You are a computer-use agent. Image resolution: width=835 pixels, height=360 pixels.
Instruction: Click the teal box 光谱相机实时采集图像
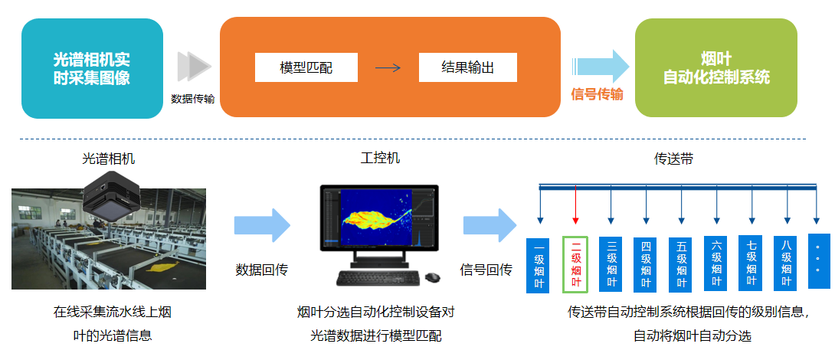coord(92,68)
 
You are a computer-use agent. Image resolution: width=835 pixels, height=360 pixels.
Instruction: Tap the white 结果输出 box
coord(467,67)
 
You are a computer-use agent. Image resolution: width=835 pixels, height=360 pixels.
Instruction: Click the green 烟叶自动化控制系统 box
coord(716,68)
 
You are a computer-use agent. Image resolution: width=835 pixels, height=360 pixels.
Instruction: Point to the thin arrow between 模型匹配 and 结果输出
coord(388,67)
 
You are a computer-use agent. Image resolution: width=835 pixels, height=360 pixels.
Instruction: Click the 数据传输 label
coord(192,99)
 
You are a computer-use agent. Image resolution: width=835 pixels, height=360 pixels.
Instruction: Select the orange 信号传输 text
coord(597,94)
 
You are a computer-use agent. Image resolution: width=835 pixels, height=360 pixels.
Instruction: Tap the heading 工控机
coord(380,159)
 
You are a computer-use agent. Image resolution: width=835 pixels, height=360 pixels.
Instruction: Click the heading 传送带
coord(674,159)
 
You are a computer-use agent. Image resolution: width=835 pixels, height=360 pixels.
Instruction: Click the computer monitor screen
coord(379,217)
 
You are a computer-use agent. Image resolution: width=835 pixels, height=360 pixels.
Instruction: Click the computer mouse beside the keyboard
coord(433,277)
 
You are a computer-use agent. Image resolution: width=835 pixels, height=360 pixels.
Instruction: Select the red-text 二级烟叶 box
coord(575,264)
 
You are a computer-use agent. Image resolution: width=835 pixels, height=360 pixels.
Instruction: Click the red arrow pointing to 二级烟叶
coord(575,207)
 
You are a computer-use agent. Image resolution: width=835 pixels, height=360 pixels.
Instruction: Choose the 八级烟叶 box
coord(787,263)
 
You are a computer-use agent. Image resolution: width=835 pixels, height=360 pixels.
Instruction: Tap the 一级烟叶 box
coord(540,265)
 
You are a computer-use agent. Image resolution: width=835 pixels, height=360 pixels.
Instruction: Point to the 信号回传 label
coord(486,270)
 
